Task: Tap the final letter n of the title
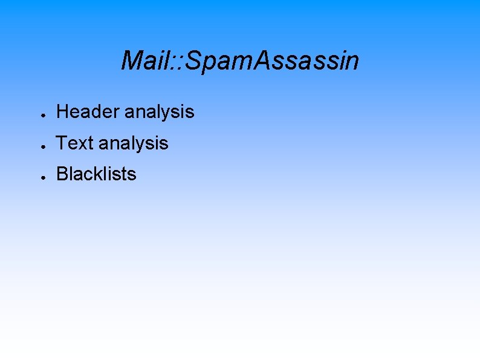(352, 63)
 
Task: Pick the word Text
(74, 143)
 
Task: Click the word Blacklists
(96, 174)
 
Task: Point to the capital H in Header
(62, 112)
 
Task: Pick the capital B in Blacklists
(62, 174)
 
